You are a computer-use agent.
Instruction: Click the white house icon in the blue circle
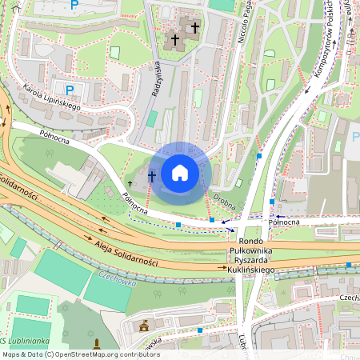click(x=180, y=173)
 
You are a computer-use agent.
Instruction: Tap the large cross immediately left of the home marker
click(x=151, y=175)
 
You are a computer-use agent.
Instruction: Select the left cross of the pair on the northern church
click(x=175, y=38)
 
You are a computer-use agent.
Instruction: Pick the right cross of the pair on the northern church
click(x=194, y=28)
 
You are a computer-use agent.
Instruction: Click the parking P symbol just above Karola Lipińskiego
click(x=69, y=90)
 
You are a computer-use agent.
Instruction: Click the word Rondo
click(x=252, y=241)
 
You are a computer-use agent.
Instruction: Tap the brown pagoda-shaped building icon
click(x=144, y=326)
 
